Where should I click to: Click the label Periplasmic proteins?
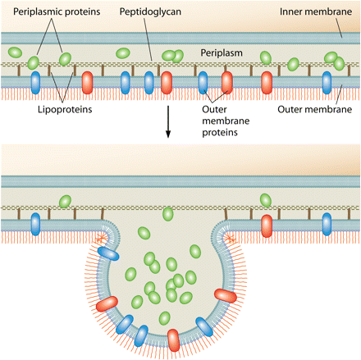(57, 11)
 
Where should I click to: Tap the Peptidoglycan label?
(150, 11)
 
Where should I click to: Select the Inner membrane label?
(316, 11)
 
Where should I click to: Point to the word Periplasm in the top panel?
(222, 52)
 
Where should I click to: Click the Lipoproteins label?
(65, 109)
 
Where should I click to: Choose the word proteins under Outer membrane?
(220, 132)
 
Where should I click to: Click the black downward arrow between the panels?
(168, 122)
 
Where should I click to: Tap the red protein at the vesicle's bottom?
(174, 340)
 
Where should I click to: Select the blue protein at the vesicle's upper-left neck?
(108, 253)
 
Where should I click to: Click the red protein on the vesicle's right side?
(226, 295)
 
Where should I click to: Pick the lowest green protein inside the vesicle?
(165, 318)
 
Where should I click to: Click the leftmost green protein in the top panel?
(15, 52)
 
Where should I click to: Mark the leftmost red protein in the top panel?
(88, 83)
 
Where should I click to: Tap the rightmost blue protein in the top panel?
(327, 83)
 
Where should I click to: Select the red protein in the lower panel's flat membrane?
(267, 226)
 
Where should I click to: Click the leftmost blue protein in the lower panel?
(35, 224)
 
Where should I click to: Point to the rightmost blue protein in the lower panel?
(327, 224)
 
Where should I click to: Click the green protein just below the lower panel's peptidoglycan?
(168, 214)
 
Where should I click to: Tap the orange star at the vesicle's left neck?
(101, 239)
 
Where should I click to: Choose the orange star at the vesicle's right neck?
(230, 239)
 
